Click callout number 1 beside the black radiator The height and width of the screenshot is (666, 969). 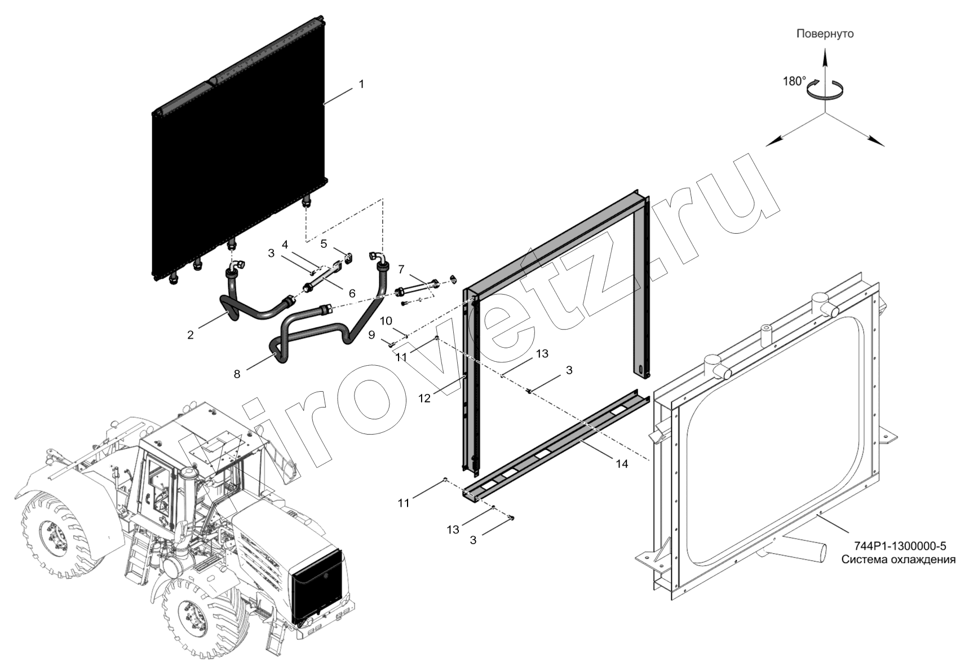pos(361,84)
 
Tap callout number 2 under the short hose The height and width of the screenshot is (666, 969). pos(191,335)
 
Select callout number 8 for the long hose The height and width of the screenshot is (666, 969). pos(237,374)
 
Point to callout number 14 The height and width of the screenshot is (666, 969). pos(622,464)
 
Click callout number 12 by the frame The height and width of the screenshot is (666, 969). pos(424,398)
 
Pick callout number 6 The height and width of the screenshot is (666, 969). pos(352,293)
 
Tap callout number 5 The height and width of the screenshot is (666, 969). pos(324,244)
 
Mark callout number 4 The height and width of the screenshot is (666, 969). pos(285,244)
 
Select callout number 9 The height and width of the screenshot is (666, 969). pos(371,335)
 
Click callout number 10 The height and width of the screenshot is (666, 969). pos(386,321)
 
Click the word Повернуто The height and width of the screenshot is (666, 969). pos(825,34)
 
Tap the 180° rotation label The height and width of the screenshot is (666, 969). pos(794,81)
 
